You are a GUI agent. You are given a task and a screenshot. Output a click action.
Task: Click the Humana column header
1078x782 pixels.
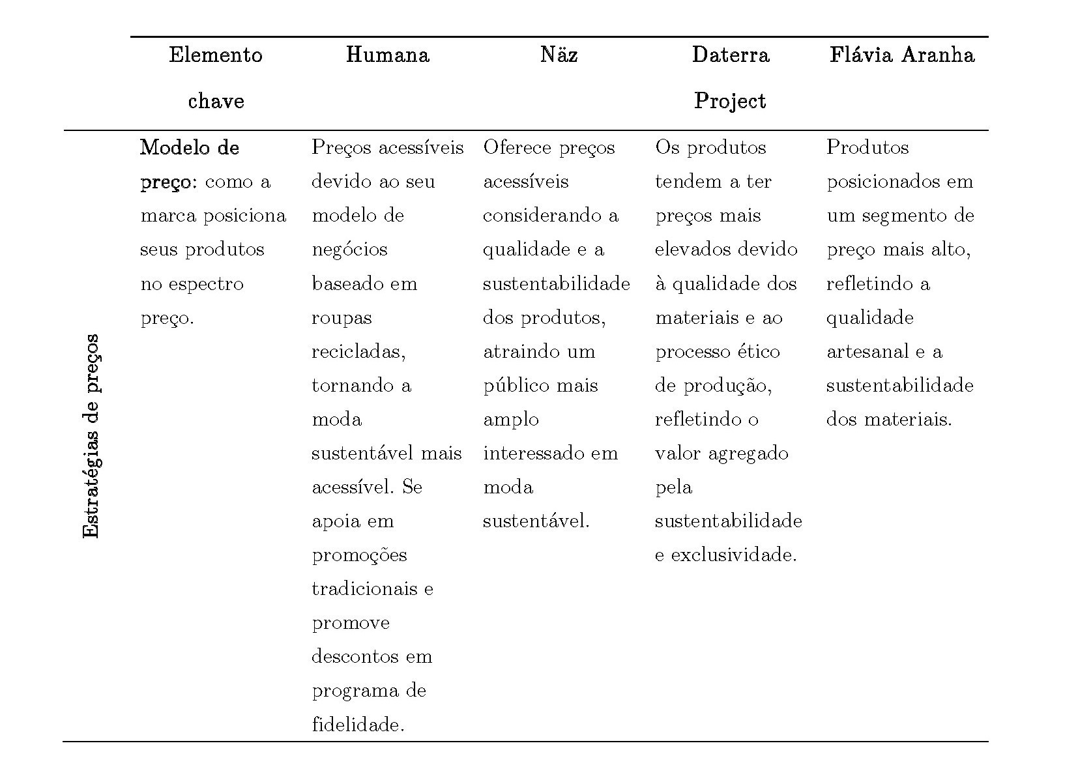(x=387, y=55)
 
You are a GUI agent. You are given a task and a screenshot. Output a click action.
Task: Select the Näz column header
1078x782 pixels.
(x=559, y=55)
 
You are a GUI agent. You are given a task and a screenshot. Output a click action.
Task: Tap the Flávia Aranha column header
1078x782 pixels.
(x=901, y=55)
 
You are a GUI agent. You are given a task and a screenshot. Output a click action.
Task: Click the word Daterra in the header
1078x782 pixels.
(x=730, y=55)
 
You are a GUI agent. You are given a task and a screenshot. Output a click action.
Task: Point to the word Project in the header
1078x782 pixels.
(x=730, y=101)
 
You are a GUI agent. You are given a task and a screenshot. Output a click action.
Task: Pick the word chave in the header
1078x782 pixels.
(x=216, y=101)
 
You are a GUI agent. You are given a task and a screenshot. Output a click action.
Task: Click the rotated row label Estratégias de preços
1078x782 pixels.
(x=91, y=436)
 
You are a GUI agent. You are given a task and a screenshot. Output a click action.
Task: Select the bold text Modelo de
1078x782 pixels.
(x=189, y=148)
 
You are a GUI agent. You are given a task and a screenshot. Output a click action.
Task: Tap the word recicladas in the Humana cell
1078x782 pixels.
(x=358, y=352)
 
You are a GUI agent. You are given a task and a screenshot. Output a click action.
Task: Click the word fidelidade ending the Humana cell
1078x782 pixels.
(x=357, y=725)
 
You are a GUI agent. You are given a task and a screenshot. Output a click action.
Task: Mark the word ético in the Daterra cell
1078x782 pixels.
(x=759, y=352)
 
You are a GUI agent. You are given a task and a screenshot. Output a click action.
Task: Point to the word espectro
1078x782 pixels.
(x=205, y=284)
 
